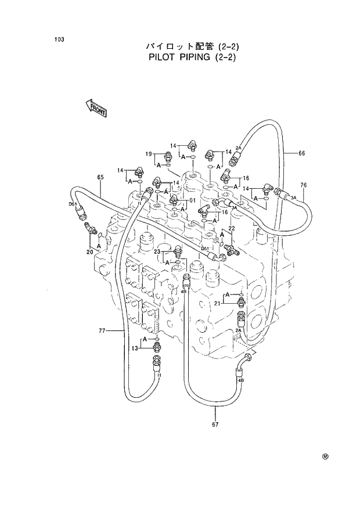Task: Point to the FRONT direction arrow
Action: (x=96, y=107)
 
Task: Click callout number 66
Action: (x=301, y=153)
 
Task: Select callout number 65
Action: (x=100, y=177)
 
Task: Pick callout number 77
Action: (x=102, y=330)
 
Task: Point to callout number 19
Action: (x=149, y=154)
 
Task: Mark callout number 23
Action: (x=157, y=251)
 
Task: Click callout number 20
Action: (x=89, y=251)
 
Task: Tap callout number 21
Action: (x=217, y=304)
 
